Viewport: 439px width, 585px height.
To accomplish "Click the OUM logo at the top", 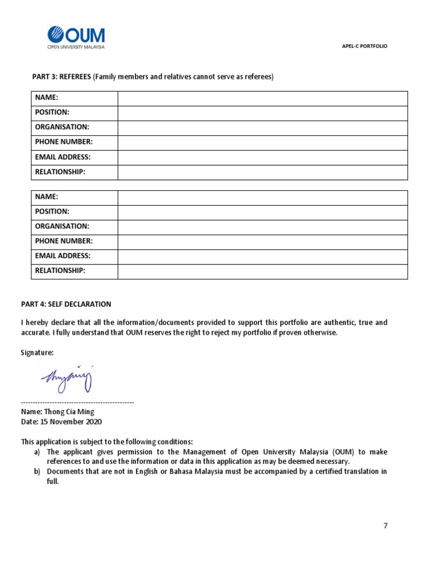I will point(76,38).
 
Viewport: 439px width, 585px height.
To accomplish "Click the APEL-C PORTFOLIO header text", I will point(364,46).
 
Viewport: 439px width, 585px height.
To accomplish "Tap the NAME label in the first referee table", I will point(47,98).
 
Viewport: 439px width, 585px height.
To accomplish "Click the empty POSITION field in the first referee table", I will point(262,113).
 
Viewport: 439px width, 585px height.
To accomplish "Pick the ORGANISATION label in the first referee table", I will point(62,127).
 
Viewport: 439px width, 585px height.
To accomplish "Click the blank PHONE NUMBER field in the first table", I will point(262,142).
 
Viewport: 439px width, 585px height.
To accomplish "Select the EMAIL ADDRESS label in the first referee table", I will point(63,157).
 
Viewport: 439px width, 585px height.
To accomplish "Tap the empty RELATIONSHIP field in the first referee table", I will point(262,172).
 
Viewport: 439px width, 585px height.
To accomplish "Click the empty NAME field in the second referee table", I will point(262,197).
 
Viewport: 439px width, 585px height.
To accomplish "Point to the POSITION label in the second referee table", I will point(52,211).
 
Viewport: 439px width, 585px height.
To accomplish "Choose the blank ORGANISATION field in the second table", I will point(262,227).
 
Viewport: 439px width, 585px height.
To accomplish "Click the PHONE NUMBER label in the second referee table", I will point(64,241).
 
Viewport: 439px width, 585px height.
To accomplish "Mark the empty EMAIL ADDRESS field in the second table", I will point(262,257).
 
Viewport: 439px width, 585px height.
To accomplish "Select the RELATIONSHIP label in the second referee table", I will point(60,271).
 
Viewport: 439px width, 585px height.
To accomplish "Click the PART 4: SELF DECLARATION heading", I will point(66,304).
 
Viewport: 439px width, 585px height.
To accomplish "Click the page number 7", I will point(385,526).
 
